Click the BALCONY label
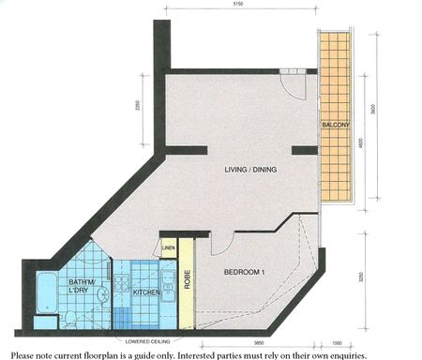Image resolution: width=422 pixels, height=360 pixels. pos(336,126)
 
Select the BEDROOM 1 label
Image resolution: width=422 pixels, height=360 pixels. pos(246,273)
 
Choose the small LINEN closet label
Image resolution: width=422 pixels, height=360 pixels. pos(169,248)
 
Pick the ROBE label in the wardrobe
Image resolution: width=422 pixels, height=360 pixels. pos(188,281)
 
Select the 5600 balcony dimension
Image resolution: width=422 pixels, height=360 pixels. pos(374,108)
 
